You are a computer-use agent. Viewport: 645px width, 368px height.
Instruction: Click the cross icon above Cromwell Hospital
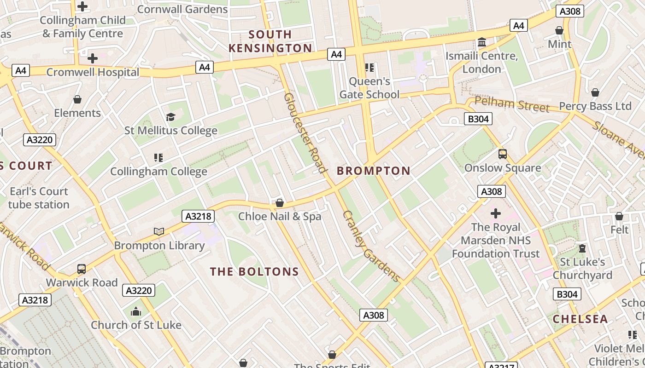coord(92,58)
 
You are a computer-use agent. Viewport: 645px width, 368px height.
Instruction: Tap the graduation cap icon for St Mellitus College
coord(171,117)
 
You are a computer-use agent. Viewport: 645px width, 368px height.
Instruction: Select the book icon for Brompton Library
coord(159,231)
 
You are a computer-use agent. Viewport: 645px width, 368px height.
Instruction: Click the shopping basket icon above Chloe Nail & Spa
coord(279,203)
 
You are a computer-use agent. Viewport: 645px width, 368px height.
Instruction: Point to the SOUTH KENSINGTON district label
coord(270,41)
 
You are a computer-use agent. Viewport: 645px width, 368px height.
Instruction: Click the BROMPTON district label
coord(374,171)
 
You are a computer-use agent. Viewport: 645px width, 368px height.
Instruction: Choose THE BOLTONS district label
coord(255,272)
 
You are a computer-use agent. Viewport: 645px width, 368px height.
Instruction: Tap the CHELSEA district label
coord(580,319)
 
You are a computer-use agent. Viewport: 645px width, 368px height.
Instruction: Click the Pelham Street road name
coord(512,104)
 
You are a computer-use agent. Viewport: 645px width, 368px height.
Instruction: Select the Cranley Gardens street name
coord(371,246)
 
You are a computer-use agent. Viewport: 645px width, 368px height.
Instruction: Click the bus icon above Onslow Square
coord(503,154)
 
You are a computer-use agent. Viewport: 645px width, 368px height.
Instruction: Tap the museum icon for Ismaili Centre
coord(482,42)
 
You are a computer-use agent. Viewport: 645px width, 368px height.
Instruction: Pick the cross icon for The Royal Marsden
coord(496,213)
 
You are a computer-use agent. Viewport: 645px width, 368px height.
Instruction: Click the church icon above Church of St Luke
coord(136,311)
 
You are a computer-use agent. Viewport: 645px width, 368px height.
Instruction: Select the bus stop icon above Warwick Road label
coord(82,269)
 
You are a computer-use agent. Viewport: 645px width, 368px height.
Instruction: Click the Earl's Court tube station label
coord(39,198)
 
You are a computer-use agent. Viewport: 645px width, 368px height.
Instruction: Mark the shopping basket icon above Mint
coord(559,30)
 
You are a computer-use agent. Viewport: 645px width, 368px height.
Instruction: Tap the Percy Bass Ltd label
coord(595,106)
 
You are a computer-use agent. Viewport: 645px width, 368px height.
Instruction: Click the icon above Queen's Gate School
coord(369,68)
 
